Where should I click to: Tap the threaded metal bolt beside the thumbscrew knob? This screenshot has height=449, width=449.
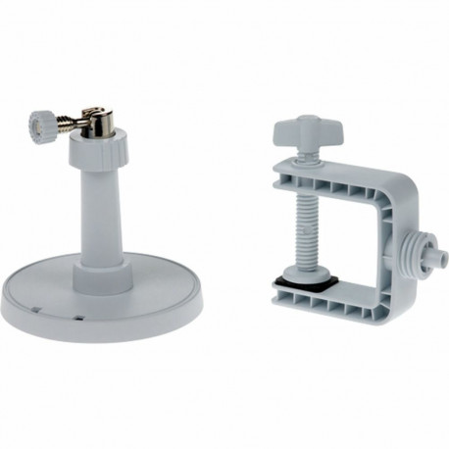67,126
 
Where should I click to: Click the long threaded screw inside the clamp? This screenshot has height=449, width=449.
303,221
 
